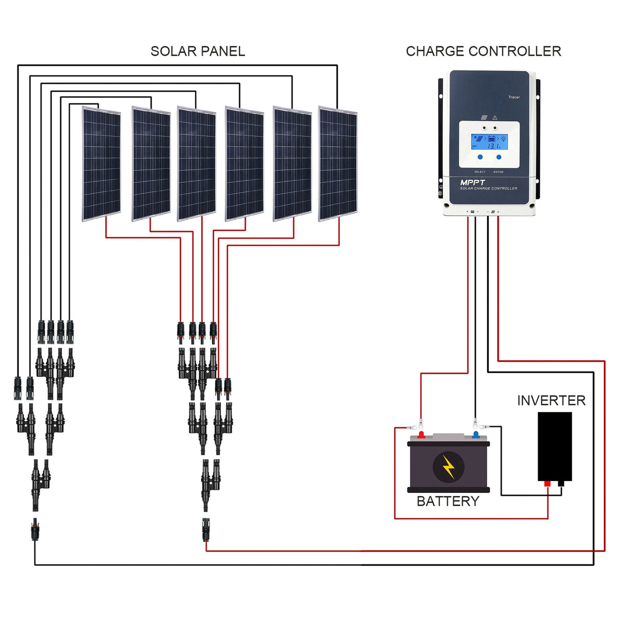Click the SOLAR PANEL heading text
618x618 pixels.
click(x=197, y=51)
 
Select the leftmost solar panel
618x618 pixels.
click(x=101, y=164)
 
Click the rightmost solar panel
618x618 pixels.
click(x=338, y=164)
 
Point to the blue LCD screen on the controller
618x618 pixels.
click(x=489, y=142)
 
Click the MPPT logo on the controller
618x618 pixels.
click(x=472, y=182)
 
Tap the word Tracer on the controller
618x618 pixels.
click(x=513, y=97)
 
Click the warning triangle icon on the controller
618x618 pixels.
click(x=495, y=117)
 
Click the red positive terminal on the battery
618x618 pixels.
click(x=421, y=435)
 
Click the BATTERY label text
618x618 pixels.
click(x=448, y=501)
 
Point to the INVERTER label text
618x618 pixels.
click(x=551, y=401)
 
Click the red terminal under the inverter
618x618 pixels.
click(x=547, y=484)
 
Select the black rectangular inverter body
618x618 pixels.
click(x=554, y=446)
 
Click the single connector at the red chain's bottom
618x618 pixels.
click(x=206, y=529)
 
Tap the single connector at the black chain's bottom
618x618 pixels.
click(x=35, y=529)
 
